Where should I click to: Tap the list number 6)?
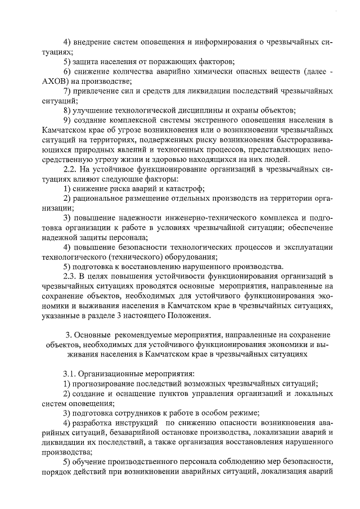(67, 72)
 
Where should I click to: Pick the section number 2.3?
(71, 276)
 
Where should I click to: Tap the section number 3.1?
(71, 372)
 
